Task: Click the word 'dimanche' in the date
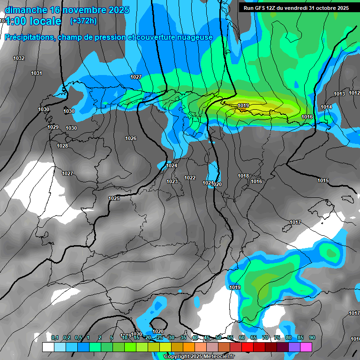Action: click(25, 10)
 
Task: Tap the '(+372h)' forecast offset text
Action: click(83, 21)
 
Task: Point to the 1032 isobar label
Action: click(19, 58)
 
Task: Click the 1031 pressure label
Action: click(37, 73)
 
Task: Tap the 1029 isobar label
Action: click(53, 127)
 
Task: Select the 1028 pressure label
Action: click(62, 146)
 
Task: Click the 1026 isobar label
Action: click(131, 138)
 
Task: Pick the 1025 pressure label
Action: click(114, 198)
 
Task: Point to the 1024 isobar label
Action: click(172, 165)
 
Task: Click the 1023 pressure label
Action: click(172, 181)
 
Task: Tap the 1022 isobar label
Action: click(190, 178)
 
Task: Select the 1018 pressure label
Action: click(243, 176)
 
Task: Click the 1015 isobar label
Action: click(323, 180)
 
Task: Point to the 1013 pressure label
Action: click(339, 94)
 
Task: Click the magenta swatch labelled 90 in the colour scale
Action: click(306, 347)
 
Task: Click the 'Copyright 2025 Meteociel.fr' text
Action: click(199, 357)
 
